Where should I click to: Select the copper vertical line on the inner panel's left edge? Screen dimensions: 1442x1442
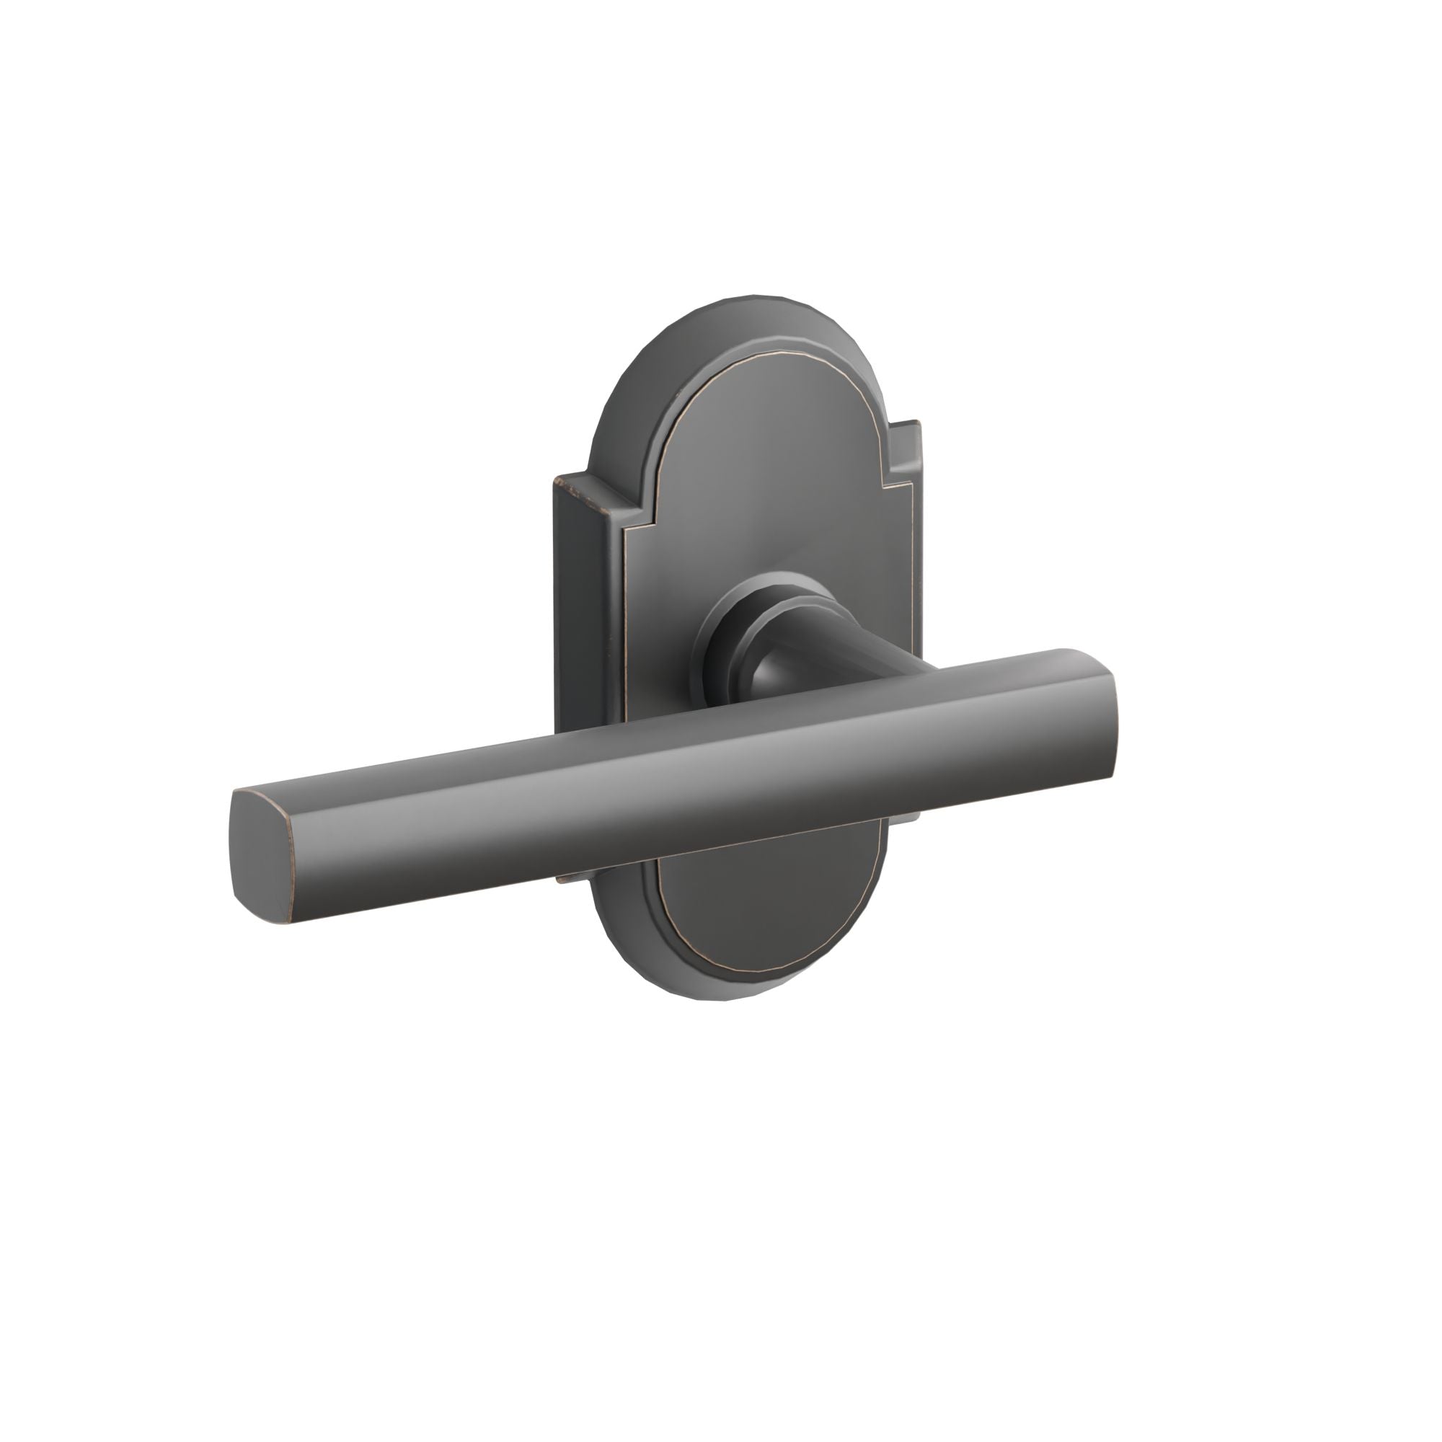coord(624,634)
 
